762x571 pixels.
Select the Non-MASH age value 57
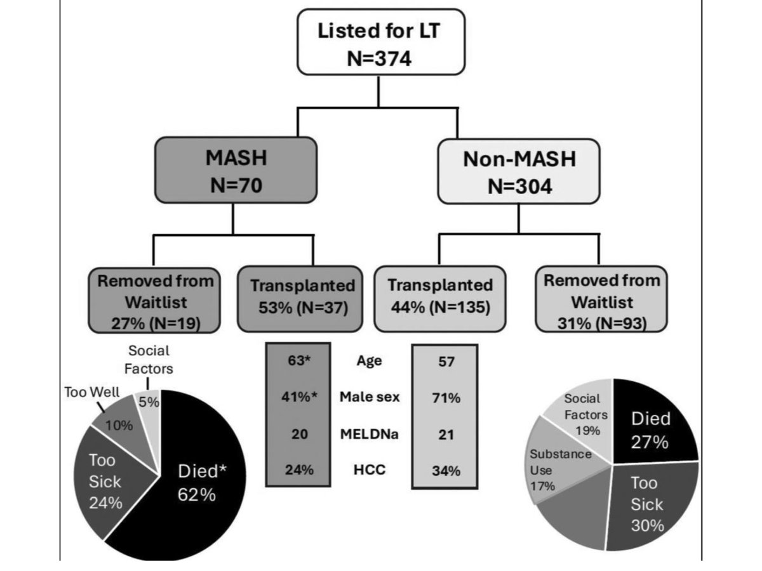444,362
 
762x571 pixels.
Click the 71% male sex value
444,398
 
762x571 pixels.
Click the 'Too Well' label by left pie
91,391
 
